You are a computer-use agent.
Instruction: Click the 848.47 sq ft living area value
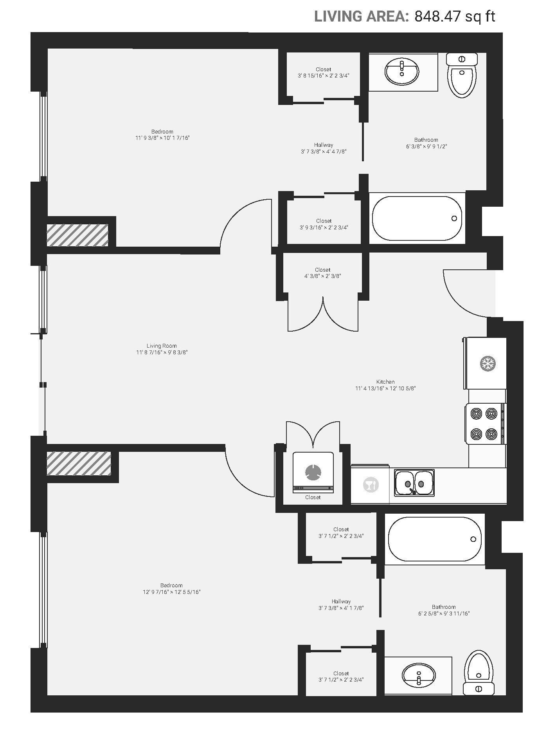pos(455,16)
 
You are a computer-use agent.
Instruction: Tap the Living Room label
pos(162,346)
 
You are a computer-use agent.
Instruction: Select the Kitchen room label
pos(385,382)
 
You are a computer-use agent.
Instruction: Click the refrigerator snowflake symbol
pos(488,364)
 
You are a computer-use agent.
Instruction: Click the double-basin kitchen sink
pos(414,483)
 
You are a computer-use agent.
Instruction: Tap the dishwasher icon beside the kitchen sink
pos(371,485)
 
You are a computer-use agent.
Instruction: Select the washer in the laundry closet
pos(313,473)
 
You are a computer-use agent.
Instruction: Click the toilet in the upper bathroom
pos(462,75)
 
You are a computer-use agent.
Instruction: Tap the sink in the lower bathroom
pos(418,675)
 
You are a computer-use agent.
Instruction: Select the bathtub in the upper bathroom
pos(417,218)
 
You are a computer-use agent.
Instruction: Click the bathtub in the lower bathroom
pos(435,539)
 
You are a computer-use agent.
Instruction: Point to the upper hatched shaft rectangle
pos(77,235)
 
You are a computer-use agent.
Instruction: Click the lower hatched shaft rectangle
pos(79,464)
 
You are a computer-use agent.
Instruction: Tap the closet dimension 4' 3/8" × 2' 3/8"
pos(322,276)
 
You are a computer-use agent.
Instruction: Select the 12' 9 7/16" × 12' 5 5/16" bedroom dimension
pos(171,592)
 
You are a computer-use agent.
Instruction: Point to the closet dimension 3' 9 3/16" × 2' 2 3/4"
pos(324,227)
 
